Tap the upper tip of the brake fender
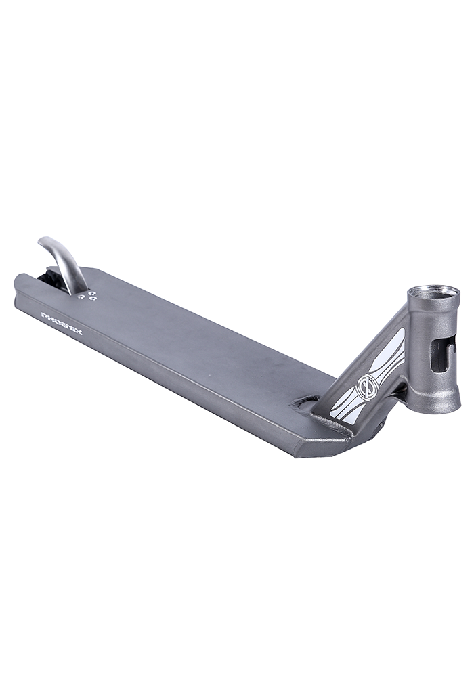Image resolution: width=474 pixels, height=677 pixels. pyautogui.click(x=43, y=242)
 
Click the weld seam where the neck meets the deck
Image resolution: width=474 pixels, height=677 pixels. pyautogui.click(x=325, y=423)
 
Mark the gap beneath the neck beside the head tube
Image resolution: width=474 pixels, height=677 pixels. pyautogui.click(x=404, y=391)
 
